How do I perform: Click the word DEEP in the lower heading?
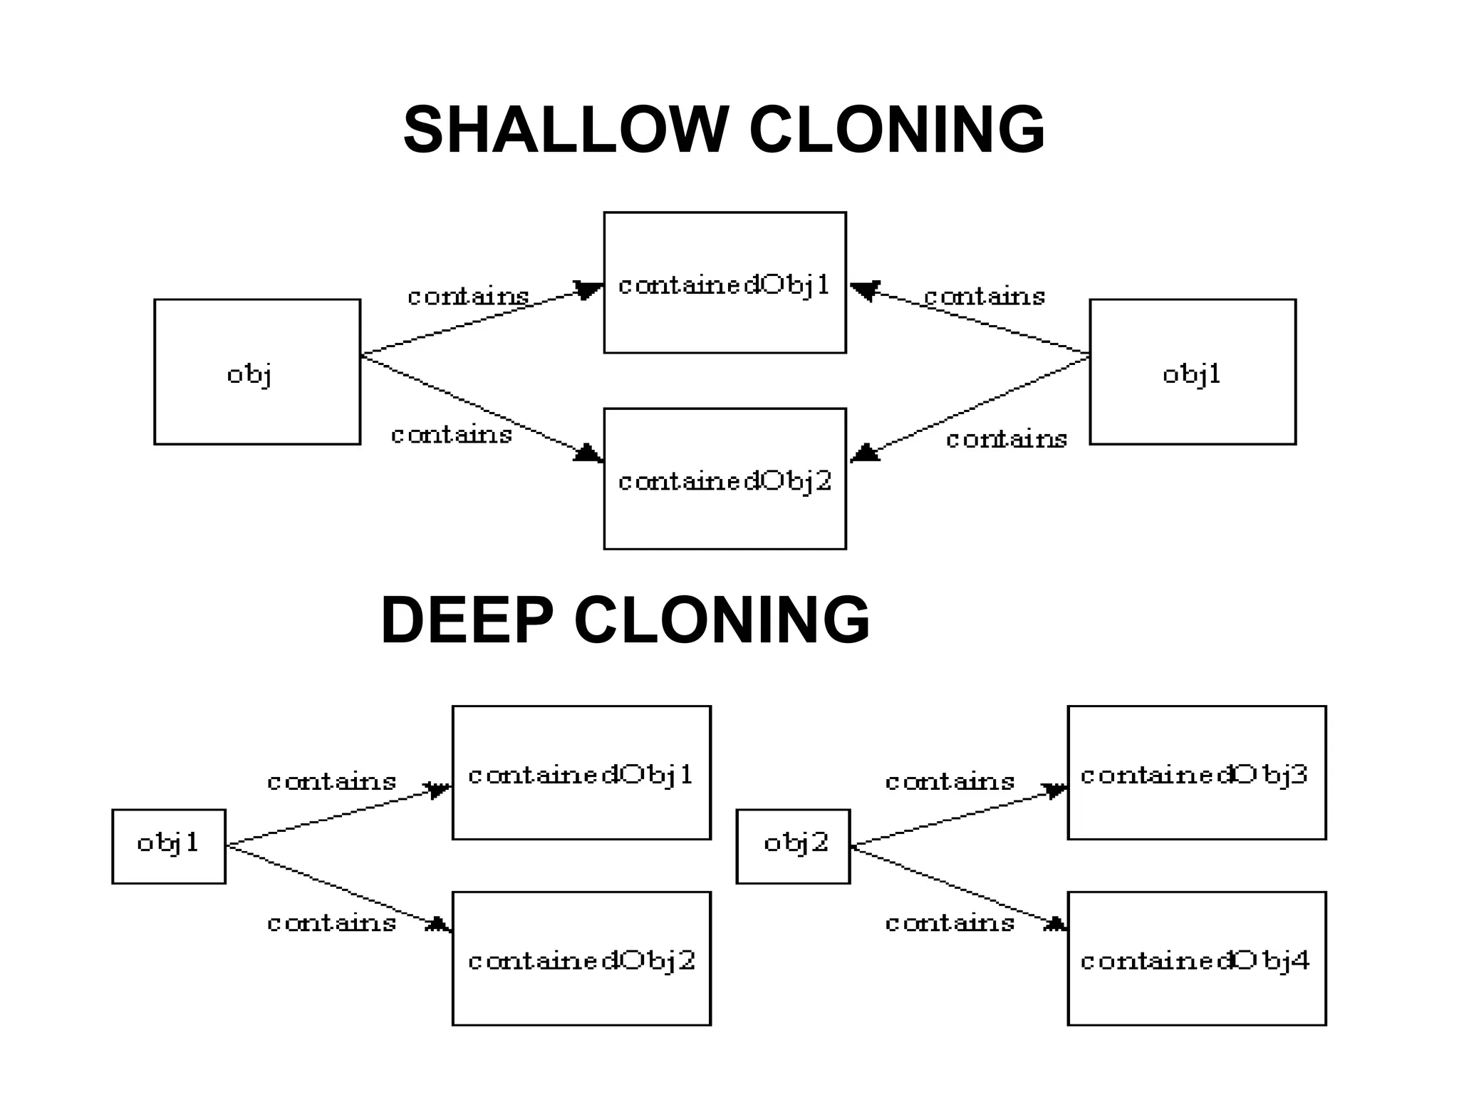[x=467, y=620]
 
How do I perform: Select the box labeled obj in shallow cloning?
[x=257, y=371]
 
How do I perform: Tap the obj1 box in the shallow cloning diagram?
[x=1192, y=371]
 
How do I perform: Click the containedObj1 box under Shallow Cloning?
[x=725, y=282]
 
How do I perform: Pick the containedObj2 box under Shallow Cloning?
[x=725, y=478]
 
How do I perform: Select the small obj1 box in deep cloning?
[x=169, y=846]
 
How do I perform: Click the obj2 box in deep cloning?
[x=793, y=846]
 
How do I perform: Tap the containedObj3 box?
[x=1196, y=773]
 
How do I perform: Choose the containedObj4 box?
[x=1196, y=958]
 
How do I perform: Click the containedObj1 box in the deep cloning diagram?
[x=581, y=773]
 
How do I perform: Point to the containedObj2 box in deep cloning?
[x=581, y=958]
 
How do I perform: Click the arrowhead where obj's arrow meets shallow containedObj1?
[x=588, y=290]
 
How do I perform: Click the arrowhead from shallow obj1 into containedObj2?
[x=864, y=453]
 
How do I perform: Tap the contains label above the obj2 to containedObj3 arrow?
[x=950, y=782]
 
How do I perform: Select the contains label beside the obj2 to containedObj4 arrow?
[x=950, y=923]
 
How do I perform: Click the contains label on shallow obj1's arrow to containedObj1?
[x=985, y=297]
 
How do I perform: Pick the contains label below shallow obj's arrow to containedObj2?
[x=452, y=435]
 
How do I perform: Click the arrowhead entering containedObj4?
[x=1056, y=925]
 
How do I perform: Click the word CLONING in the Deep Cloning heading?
[x=722, y=620]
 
